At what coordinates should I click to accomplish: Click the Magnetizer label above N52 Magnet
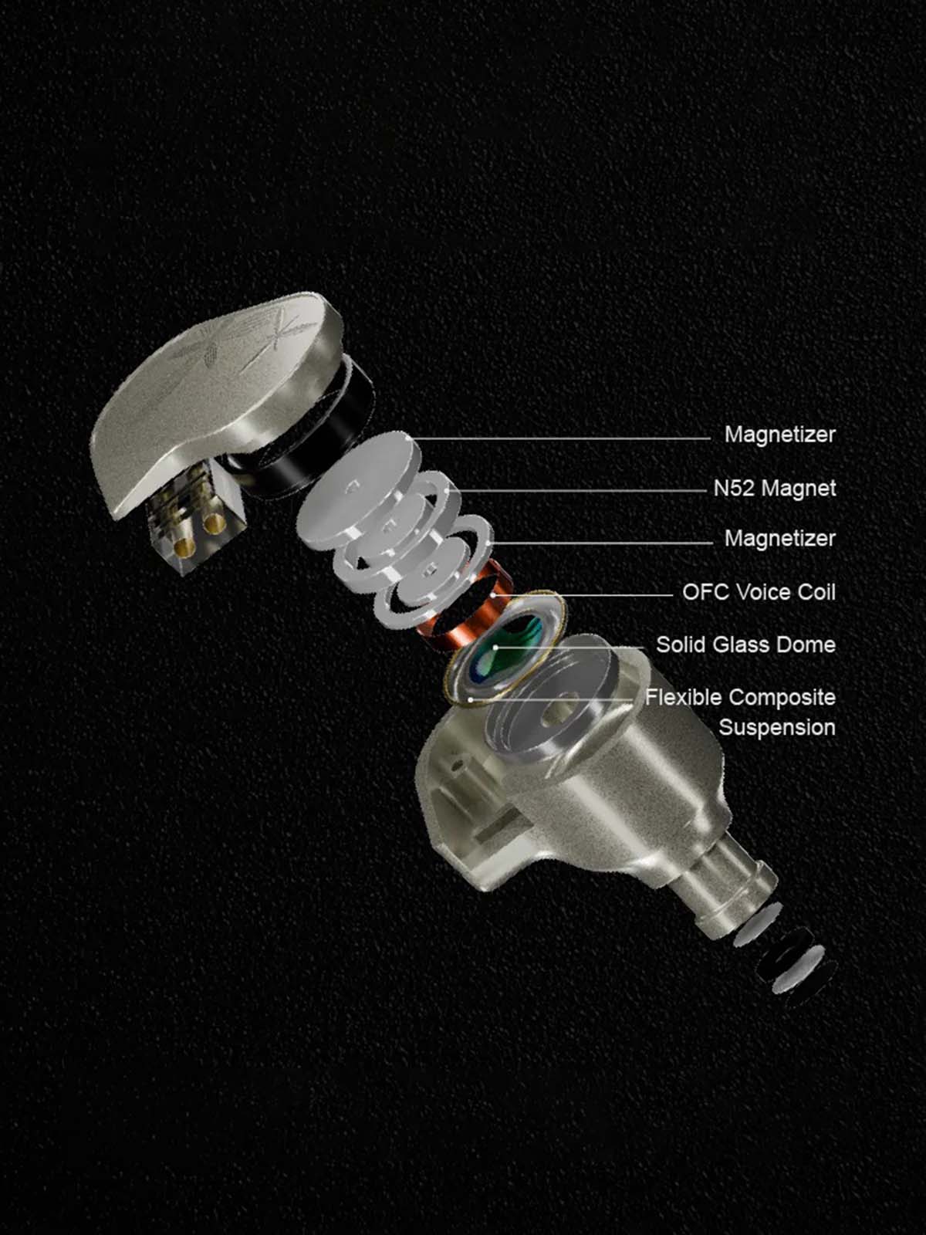(780, 435)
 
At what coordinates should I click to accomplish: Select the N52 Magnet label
(775, 488)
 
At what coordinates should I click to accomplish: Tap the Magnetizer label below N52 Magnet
(780, 539)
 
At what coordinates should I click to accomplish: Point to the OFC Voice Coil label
(759, 592)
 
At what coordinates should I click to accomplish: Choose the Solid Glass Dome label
(745, 645)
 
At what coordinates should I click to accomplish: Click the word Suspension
(777, 728)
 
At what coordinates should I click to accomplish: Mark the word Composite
(782, 699)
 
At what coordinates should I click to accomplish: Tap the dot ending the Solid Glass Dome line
(495, 647)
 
